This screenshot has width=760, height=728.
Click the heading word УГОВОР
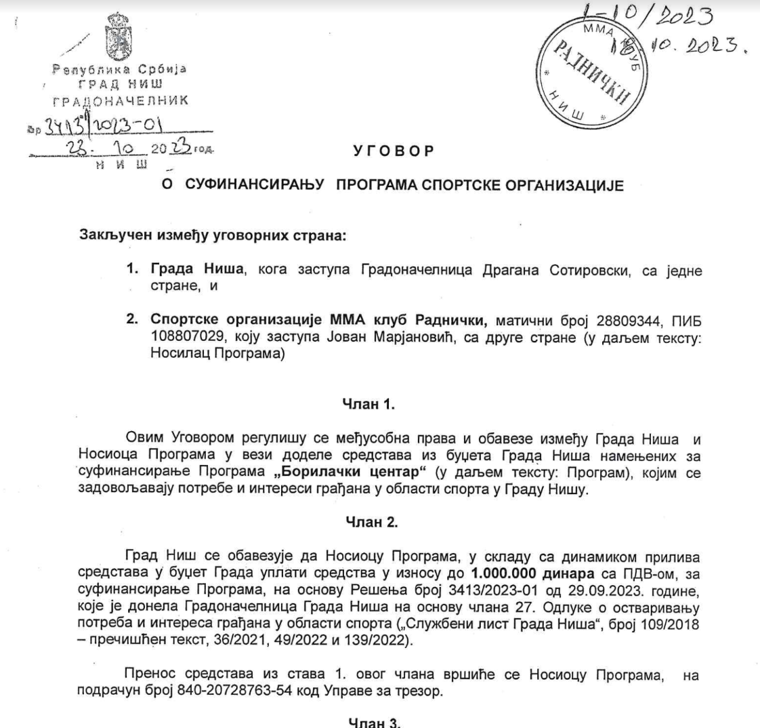[393, 152]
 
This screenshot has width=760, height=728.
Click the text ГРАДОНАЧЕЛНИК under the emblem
[120, 101]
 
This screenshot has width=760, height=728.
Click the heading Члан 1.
[370, 405]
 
